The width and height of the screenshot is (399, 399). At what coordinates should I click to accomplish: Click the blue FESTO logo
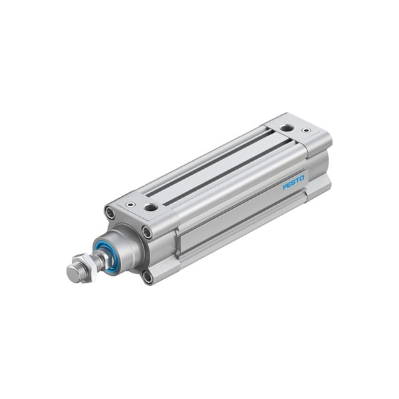(293, 182)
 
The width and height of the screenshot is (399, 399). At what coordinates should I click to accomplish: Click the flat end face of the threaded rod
(72, 274)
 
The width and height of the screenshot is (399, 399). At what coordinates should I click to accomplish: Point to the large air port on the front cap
(151, 207)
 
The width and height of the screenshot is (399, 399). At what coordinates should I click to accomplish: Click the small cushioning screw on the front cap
(131, 204)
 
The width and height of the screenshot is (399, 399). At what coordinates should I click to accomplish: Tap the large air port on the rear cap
(287, 128)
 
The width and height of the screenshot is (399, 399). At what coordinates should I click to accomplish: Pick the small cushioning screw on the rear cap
(306, 130)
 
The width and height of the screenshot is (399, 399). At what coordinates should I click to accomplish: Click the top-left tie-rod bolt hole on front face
(110, 213)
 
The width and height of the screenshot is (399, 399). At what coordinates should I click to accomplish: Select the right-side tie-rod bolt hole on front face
(147, 232)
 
